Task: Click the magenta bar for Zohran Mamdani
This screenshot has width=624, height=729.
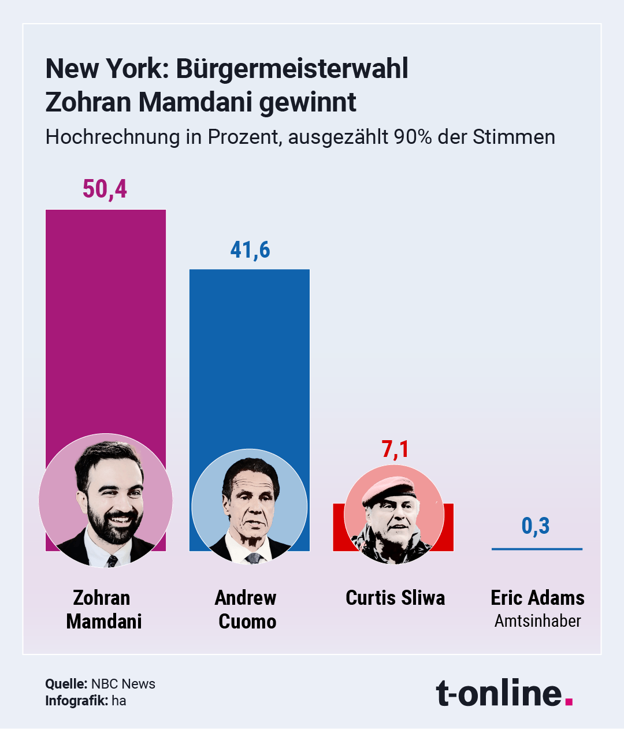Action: tap(106, 318)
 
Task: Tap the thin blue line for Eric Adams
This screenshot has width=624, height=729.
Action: tap(537, 549)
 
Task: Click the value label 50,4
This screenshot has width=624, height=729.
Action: tap(105, 189)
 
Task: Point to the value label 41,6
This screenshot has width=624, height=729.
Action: tap(250, 250)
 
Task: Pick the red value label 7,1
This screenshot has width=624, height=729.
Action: tap(395, 449)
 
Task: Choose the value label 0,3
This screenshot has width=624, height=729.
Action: tap(536, 526)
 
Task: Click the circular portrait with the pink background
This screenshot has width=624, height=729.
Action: tap(106, 500)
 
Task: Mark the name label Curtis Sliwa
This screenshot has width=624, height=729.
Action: tap(395, 598)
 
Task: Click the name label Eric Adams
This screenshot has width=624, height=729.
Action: tap(537, 598)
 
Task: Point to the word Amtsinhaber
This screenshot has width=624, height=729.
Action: tap(537, 621)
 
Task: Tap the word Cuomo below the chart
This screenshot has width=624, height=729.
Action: tap(247, 622)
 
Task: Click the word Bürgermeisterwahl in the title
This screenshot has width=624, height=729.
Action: tap(292, 69)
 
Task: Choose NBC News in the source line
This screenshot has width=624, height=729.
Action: tap(123, 684)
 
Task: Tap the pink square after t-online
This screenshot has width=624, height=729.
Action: tap(569, 701)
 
